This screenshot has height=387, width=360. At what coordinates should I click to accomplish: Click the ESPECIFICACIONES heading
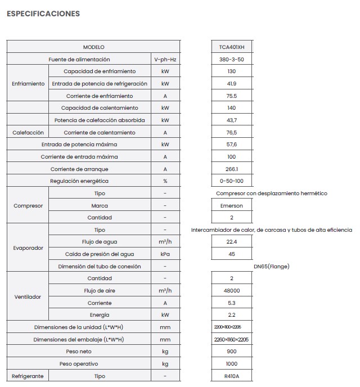tap(43, 13)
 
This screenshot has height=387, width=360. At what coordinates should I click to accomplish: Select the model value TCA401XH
tap(232, 47)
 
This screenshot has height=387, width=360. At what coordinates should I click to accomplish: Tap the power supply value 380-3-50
tap(232, 60)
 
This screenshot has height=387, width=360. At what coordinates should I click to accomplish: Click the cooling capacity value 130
tap(232, 71)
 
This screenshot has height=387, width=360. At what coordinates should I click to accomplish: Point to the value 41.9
tap(232, 84)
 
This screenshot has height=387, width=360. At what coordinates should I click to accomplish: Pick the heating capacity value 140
tap(232, 108)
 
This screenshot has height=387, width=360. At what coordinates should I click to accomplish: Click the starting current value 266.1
tap(232, 169)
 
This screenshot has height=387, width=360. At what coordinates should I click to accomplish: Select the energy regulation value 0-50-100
tap(232, 181)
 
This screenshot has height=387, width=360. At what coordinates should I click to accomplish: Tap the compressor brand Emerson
tap(232, 206)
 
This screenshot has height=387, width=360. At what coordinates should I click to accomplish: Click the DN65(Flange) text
tap(272, 266)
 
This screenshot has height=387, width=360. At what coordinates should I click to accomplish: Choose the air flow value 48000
tap(232, 291)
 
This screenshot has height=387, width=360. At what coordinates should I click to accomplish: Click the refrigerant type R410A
tap(232, 376)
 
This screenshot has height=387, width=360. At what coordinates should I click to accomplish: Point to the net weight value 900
tap(232, 352)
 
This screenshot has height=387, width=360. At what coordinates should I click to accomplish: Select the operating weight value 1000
tap(232, 364)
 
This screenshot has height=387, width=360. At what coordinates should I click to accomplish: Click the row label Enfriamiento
tap(28, 84)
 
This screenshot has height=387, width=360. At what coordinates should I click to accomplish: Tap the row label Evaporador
tap(28, 248)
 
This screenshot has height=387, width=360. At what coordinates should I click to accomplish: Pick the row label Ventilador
tap(28, 297)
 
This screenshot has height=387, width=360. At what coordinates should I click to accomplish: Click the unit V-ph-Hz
tap(165, 60)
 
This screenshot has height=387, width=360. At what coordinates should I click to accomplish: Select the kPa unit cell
tap(165, 254)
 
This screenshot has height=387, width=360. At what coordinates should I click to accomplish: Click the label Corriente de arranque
tap(79, 169)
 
